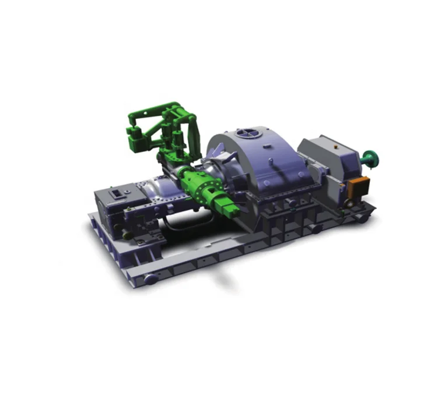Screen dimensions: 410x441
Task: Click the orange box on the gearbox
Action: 356,186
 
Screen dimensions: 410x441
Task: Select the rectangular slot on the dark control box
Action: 117,193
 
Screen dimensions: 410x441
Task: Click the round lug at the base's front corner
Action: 150,280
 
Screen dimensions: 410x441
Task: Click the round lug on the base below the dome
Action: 316,229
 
